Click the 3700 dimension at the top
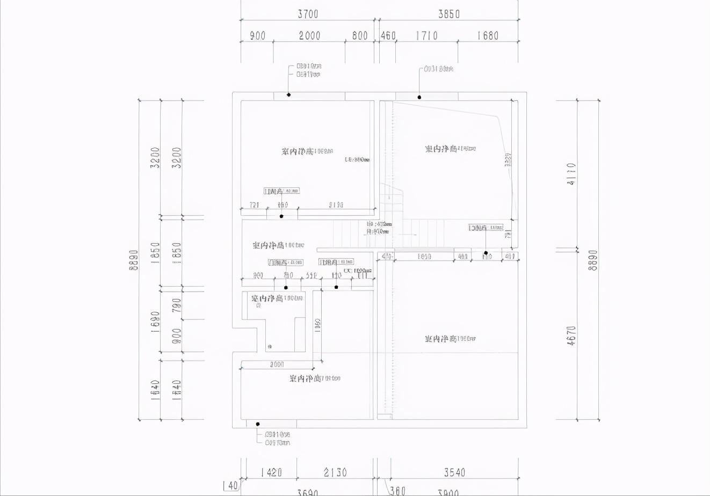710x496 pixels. coord(308,14)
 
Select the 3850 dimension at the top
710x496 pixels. coord(449,14)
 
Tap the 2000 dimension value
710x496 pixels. coord(309,36)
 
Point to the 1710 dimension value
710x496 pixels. coord(426,36)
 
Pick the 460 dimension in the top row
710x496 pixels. coord(388,36)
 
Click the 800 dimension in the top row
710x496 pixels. coord(360,36)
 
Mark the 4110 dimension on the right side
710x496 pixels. coord(571,174)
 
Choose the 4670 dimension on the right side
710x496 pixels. coord(571,335)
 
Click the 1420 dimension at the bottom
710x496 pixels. coord(271,472)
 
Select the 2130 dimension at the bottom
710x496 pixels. coord(335,472)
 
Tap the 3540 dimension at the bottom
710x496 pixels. coord(454,472)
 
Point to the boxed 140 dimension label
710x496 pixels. coord(230,485)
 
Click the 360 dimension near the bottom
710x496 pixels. coord(397,491)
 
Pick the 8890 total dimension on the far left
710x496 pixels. coord(134,260)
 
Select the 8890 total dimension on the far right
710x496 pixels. coord(593,260)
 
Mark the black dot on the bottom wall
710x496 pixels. coord(258,424)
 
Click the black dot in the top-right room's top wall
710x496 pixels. coord(419,97)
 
